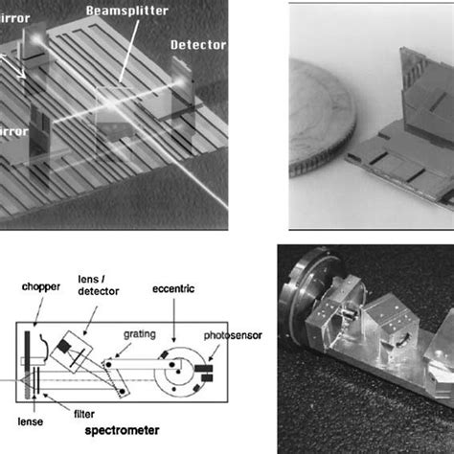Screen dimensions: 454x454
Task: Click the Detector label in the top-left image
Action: (x=198, y=45)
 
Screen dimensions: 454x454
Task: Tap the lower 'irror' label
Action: (x=16, y=127)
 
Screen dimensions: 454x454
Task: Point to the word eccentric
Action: (x=173, y=285)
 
